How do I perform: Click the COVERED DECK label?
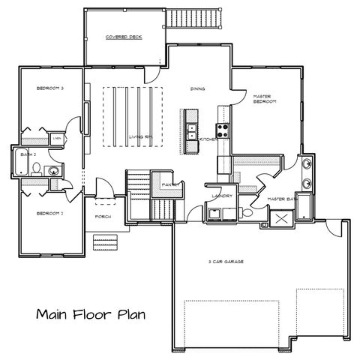(124, 37)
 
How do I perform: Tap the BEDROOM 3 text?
(51, 88)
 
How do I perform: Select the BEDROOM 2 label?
(51, 214)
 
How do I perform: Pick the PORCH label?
(103, 217)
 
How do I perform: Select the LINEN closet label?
(57, 139)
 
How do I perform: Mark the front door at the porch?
(103, 199)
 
